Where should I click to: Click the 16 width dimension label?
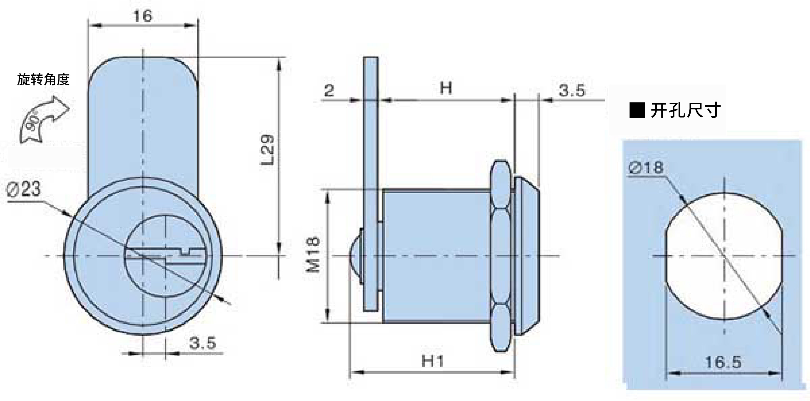[x=143, y=16]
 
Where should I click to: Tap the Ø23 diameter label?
[x=24, y=190]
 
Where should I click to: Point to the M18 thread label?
[x=313, y=254]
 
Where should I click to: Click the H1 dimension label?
[x=433, y=361]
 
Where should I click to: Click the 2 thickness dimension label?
[x=329, y=91]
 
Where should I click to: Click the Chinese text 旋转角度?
[x=43, y=79]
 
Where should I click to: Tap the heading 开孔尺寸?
[x=686, y=111]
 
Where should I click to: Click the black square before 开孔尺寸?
[x=637, y=111]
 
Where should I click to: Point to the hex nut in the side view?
[x=501, y=256]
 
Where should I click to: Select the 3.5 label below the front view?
[x=203, y=343]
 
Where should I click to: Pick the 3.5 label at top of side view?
[x=572, y=91]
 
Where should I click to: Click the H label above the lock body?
[x=446, y=88]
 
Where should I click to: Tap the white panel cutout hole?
[x=724, y=256]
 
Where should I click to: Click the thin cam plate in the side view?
[x=371, y=184]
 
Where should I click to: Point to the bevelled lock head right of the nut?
[x=527, y=256]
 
